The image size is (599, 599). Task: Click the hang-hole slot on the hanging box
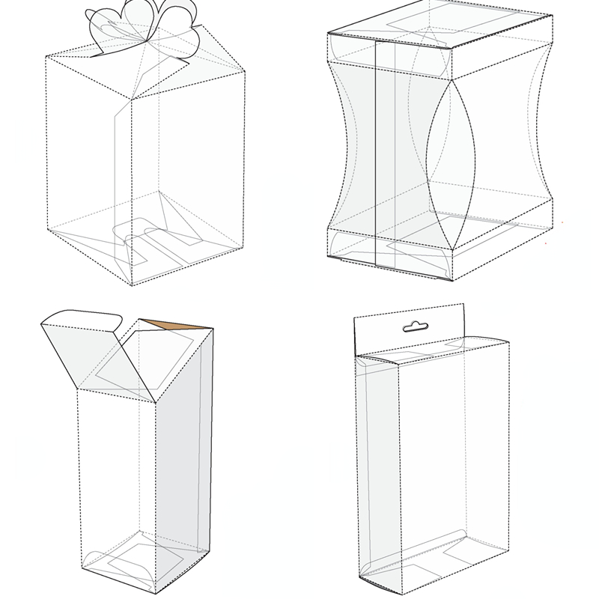(413, 326)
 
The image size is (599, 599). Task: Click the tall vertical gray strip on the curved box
(383, 150)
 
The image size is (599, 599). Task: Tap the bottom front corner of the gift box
(132, 285)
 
